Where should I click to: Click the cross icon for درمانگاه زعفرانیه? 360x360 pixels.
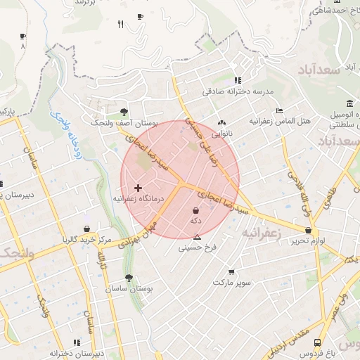click(138, 188)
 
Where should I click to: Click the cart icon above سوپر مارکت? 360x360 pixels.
click(231, 271)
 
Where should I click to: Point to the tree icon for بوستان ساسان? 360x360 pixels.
click(128, 278)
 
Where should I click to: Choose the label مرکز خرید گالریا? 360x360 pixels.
click(86, 240)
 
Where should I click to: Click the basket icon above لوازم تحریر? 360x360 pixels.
click(309, 230)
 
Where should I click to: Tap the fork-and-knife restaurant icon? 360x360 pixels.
click(121, 25)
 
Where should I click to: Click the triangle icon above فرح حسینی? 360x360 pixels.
click(197, 237)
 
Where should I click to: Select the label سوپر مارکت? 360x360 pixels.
click(231, 282)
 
